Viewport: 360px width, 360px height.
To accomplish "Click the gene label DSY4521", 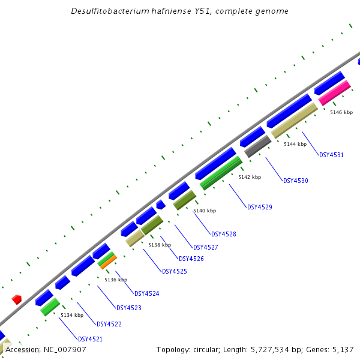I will (90, 339).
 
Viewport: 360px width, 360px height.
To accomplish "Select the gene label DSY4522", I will (109, 324).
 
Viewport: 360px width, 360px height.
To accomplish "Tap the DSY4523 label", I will (128, 308).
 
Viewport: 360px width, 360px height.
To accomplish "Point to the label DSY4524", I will (146, 293).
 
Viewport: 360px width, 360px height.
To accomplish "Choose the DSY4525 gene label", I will (174, 271).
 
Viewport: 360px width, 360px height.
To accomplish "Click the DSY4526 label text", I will (191, 259).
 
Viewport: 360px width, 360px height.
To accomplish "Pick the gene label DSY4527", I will (205, 247).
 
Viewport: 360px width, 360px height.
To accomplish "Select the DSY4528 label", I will (223, 234).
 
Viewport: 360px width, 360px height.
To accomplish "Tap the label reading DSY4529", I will (259, 207).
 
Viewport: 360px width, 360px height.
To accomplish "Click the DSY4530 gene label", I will (295, 181).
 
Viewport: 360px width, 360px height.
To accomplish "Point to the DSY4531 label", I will (331, 155).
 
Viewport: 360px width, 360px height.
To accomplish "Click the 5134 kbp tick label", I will (71, 315).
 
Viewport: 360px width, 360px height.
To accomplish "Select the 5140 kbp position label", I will (204, 211).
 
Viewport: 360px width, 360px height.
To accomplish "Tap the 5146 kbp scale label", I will (341, 112).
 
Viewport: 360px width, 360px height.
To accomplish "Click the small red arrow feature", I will (17, 299).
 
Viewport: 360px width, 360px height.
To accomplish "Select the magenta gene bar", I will (334, 93).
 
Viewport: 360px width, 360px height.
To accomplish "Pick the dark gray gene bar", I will (258, 146).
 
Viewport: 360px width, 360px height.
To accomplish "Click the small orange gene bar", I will (108, 262).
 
